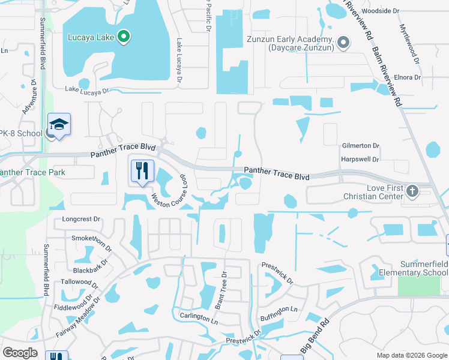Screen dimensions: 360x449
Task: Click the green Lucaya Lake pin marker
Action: [124, 37]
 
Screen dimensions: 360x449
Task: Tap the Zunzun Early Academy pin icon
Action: [343, 42]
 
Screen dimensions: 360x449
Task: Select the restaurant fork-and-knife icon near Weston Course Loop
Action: [142, 171]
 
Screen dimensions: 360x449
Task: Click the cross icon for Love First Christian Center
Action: [412, 191]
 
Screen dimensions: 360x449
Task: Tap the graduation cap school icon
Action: [59, 125]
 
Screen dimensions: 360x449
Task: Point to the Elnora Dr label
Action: [408, 77]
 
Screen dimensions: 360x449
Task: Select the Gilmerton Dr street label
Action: [360, 146]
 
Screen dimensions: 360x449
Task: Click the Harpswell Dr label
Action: [360, 160]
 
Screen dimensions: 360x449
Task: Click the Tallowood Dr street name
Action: [80, 281]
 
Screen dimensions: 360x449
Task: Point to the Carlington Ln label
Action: [199, 317]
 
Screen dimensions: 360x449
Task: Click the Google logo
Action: [20, 353]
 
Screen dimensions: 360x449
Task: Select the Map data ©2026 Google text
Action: [411, 355]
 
